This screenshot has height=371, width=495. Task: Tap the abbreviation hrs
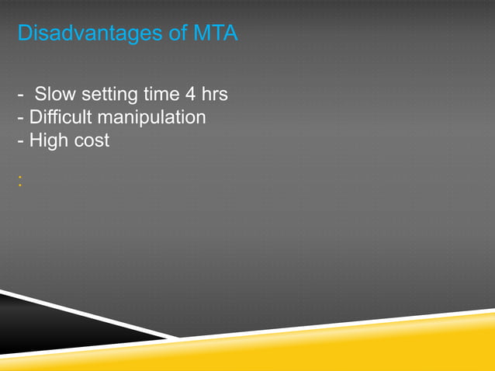click(215, 95)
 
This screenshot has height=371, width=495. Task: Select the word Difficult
click(58, 118)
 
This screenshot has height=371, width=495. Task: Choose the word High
click(47, 141)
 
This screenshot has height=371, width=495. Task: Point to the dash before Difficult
click(19, 119)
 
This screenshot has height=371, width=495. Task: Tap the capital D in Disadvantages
click(23, 35)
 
